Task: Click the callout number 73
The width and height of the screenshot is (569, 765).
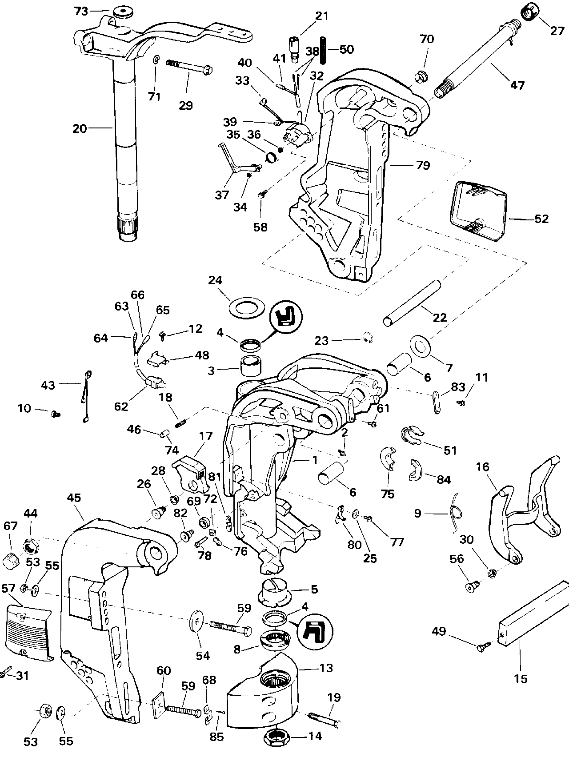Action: click(81, 11)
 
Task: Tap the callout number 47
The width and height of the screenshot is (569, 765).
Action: click(517, 85)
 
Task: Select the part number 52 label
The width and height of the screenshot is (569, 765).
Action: click(541, 219)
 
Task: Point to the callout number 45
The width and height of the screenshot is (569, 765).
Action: click(74, 498)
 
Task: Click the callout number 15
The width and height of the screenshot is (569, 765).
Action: click(521, 678)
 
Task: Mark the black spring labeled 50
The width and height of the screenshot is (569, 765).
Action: click(325, 49)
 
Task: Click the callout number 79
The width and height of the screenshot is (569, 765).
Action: click(423, 165)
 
